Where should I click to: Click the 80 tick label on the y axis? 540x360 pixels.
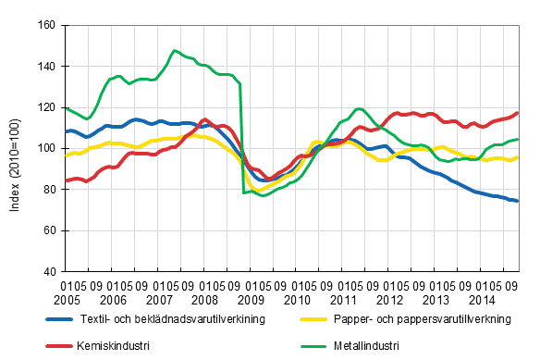[48, 190]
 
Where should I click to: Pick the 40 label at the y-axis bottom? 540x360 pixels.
[48, 271]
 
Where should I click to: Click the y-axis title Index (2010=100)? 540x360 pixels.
[14, 148]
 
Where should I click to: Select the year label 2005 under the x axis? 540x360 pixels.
[67, 302]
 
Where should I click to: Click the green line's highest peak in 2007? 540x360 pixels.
[175, 51]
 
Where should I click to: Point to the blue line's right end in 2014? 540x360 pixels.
[517, 201]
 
